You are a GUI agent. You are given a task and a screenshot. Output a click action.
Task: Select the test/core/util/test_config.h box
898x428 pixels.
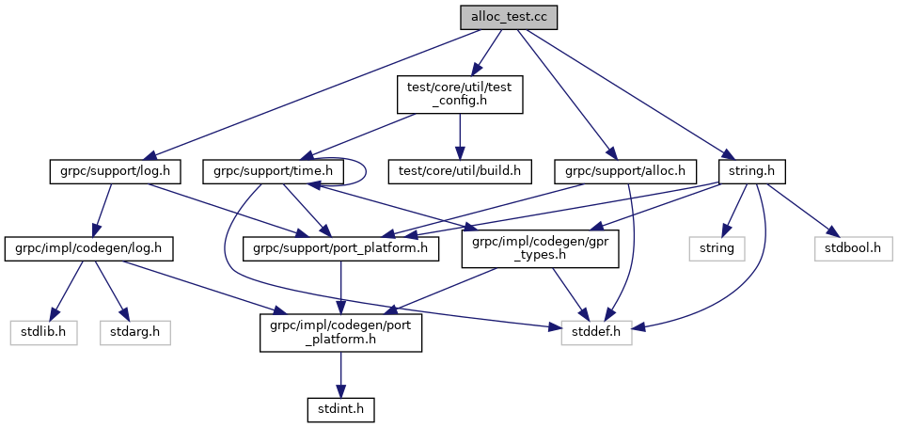[459, 95]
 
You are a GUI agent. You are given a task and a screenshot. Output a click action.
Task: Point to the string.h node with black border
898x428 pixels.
[751, 171]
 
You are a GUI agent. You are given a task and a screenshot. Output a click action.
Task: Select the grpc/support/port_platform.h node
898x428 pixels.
[342, 249]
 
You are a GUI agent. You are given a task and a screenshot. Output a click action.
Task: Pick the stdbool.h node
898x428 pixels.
[845, 249]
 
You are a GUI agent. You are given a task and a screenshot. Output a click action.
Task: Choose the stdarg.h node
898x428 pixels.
[135, 332]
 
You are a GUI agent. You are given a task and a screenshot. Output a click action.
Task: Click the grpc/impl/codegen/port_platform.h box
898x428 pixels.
[341, 332]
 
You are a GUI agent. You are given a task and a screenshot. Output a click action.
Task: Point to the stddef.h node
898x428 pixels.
[597, 332]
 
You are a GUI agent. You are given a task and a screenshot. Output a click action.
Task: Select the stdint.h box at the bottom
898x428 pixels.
[341, 409]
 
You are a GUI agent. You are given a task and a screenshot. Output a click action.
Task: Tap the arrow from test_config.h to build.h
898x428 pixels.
[459, 136]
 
